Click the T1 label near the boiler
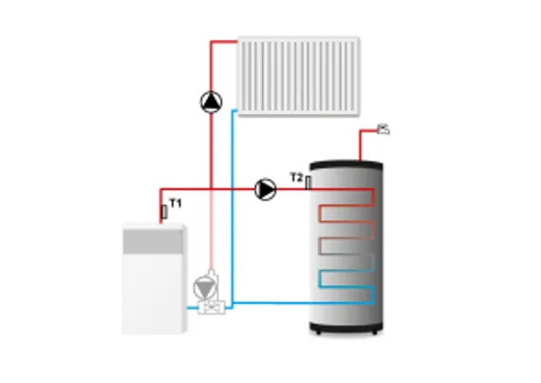176,203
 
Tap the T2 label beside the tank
296,178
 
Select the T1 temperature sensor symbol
164,212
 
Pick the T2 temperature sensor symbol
308,182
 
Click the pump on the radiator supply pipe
211,102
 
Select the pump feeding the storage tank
266,189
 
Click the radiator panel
299,76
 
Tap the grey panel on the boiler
153,241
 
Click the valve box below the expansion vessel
212,307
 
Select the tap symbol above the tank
383,130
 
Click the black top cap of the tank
345,165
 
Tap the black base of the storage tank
345,328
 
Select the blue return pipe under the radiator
233,207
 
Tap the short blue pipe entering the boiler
193,307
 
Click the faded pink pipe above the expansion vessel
212,230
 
